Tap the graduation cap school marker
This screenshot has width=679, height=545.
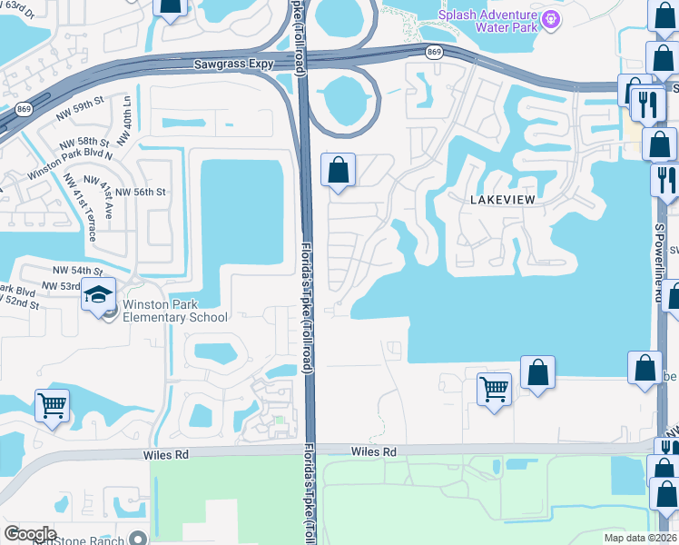(x=97, y=295)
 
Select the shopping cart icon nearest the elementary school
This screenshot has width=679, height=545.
(x=52, y=404)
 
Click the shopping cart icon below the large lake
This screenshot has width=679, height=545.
(x=494, y=388)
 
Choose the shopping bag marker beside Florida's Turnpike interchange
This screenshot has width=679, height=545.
(x=339, y=170)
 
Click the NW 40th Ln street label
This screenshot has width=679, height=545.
(x=127, y=113)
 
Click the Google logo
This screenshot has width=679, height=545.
(x=30, y=534)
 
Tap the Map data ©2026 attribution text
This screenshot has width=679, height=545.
(x=640, y=538)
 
